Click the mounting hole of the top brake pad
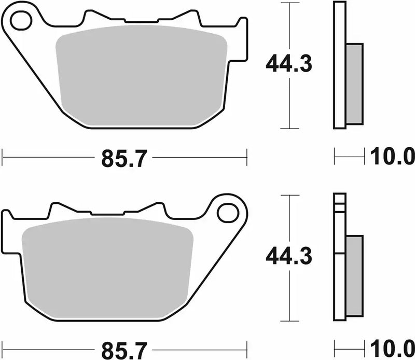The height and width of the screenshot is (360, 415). point(19,21)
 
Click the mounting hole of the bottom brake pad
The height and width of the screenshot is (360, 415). point(227,212)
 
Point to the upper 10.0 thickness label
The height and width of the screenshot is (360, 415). point(391,156)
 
